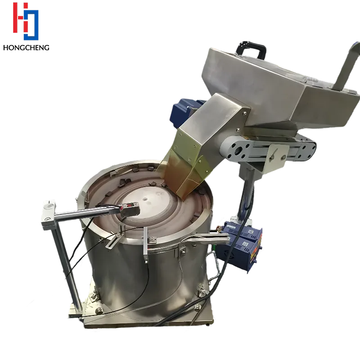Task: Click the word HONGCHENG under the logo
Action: [x=26, y=48]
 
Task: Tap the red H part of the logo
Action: [x=20, y=18]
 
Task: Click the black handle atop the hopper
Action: [x=252, y=49]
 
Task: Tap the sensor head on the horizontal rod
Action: [x=130, y=210]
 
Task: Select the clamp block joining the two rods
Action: [x=49, y=215]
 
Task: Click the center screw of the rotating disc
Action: [x=144, y=199]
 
